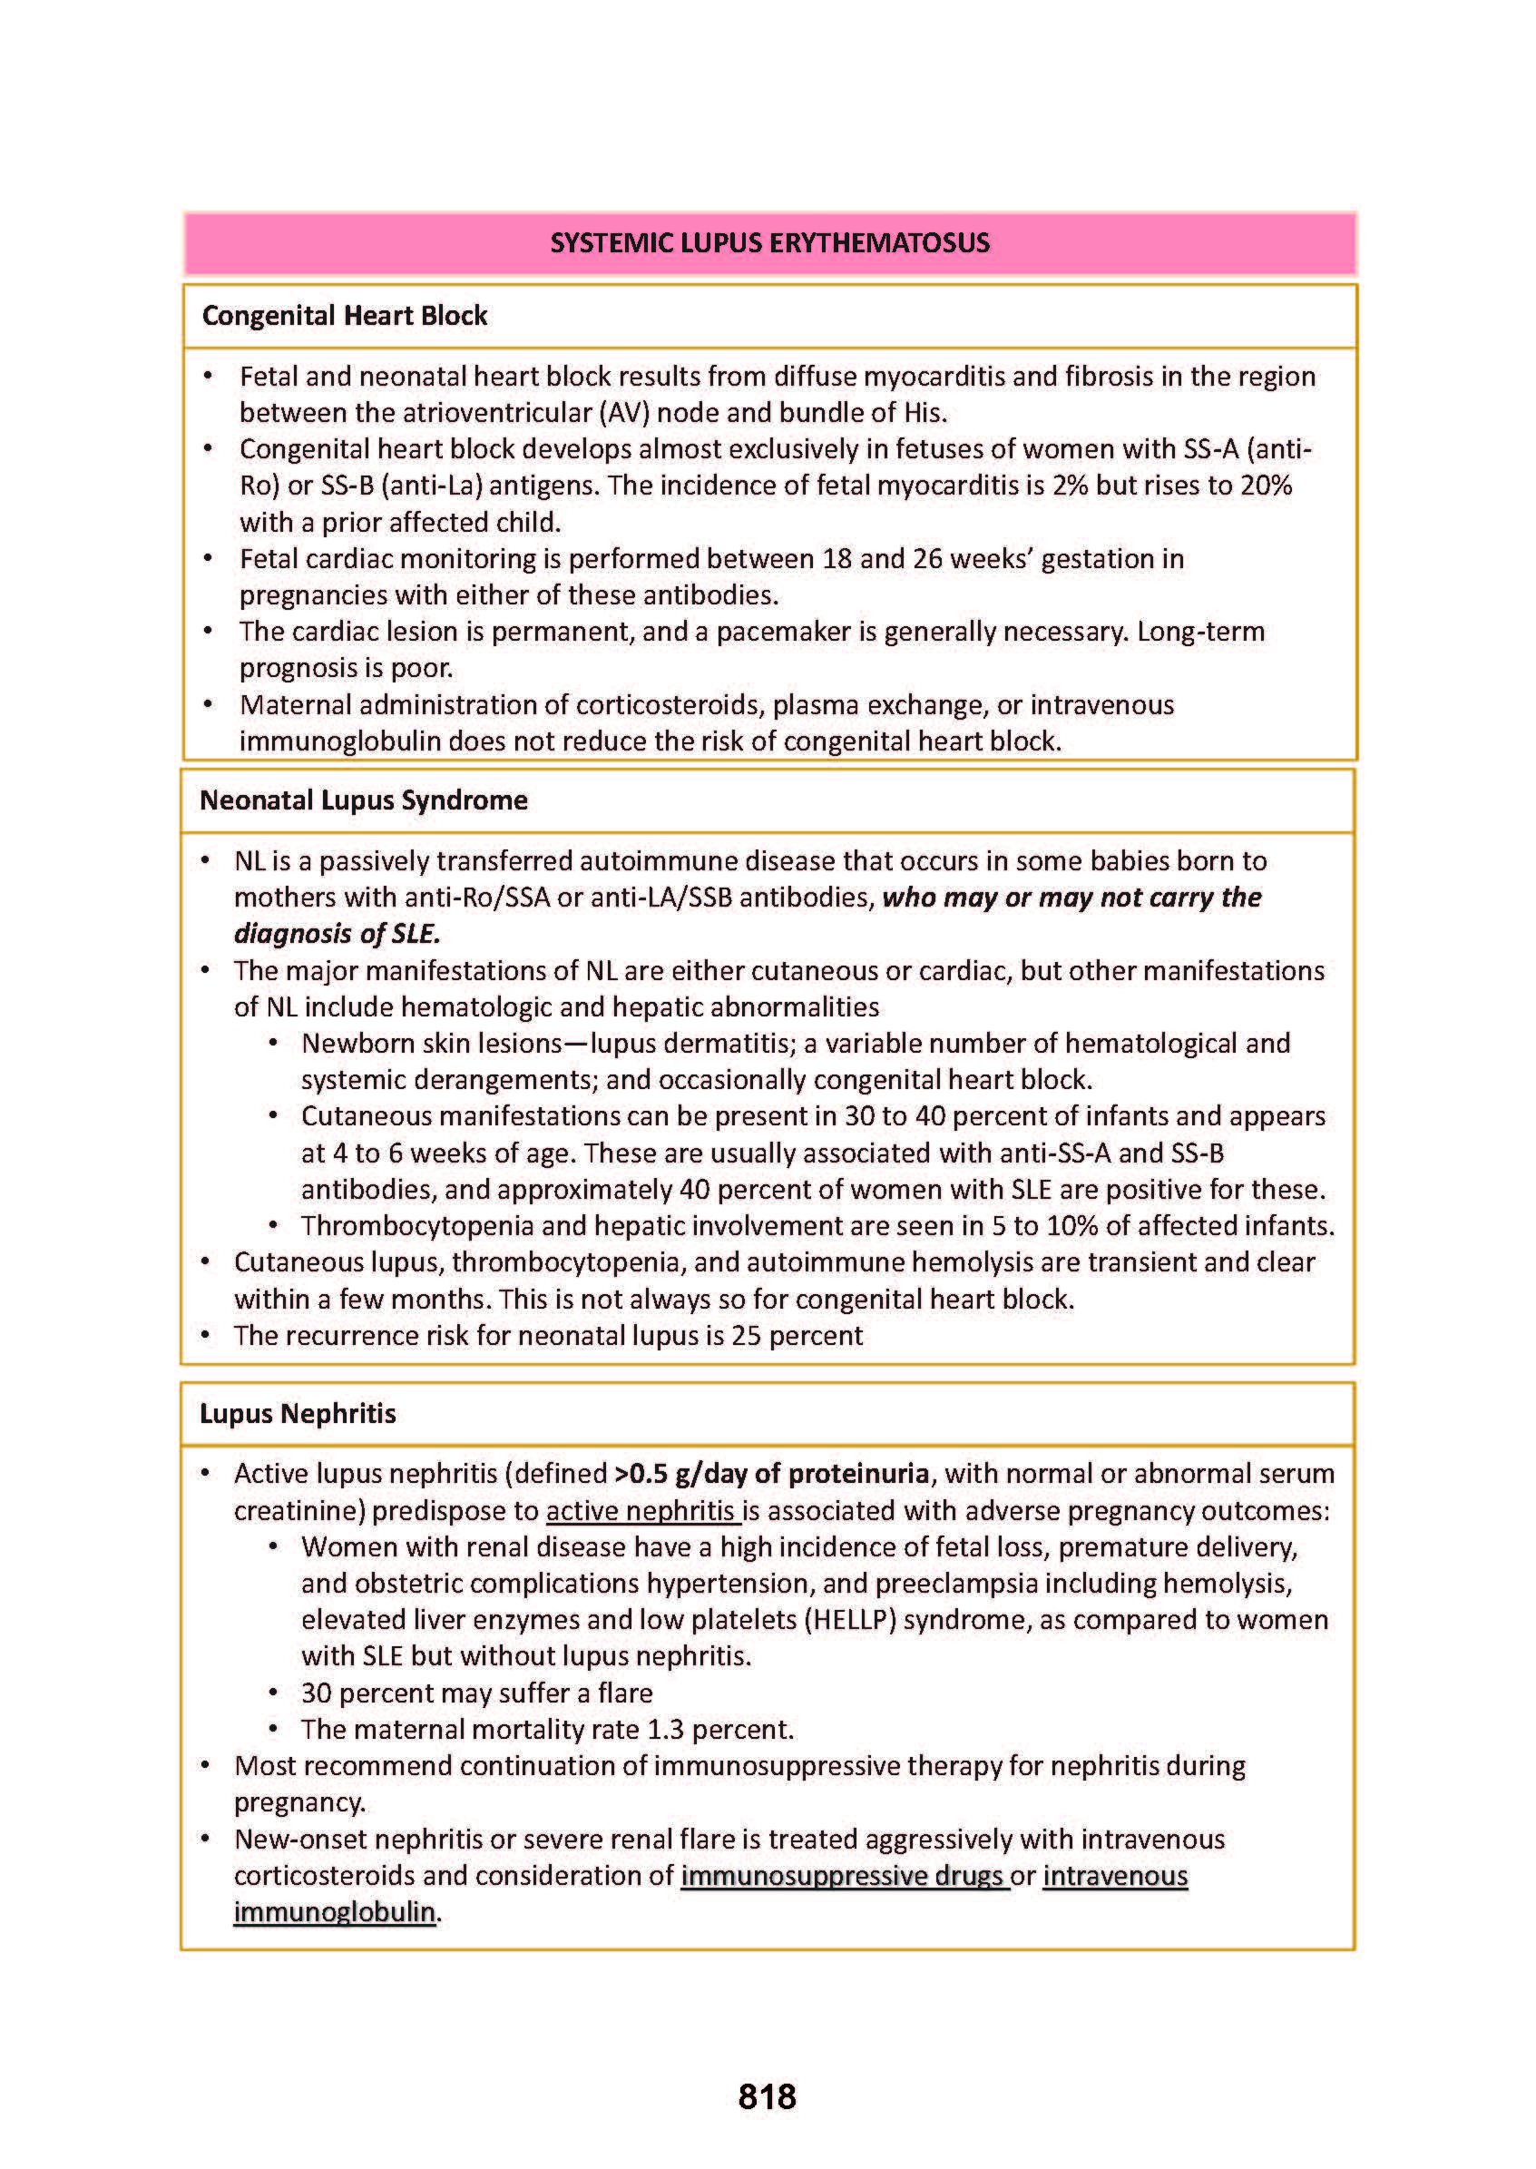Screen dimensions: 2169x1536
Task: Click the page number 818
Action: [x=767, y=2096]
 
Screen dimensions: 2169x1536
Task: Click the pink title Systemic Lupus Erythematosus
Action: [x=769, y=243]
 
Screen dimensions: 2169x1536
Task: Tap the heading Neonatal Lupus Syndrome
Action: [x=363, y=800]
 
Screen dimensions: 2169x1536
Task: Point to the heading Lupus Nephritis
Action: [x=297, y=1413]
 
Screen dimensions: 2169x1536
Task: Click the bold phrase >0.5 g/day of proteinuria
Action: [x=772, y=1474]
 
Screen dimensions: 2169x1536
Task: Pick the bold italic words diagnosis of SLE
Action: [x=337, y=935]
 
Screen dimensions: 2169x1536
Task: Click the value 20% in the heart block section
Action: [x=1267, y=486]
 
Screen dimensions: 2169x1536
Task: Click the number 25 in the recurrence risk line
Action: [x=745, y=1336]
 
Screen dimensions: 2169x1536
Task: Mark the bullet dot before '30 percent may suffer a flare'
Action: [x=273, y=1693]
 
